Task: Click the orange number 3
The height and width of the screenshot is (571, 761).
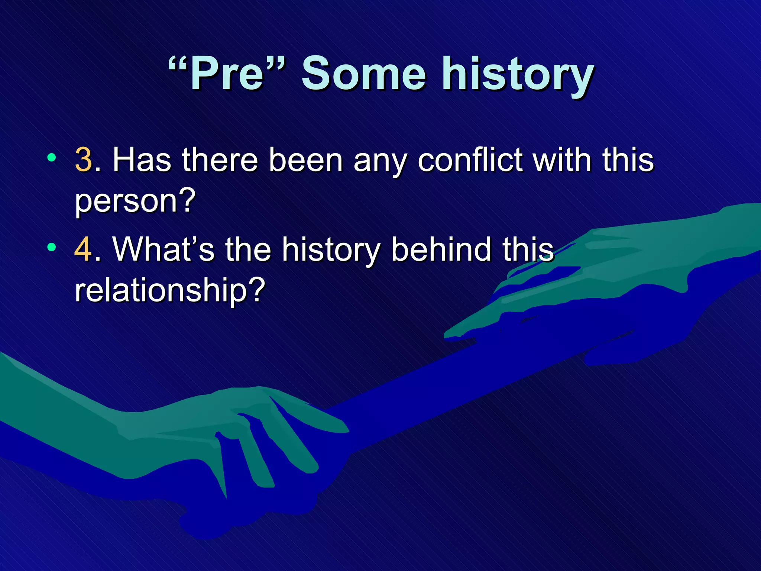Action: point(83,160)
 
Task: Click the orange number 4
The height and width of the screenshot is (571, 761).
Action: point(83,249)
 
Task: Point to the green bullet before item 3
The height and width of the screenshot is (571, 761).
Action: point(52,158)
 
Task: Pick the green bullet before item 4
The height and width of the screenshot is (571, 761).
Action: point(52,247)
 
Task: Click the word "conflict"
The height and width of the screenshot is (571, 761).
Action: point(470,160)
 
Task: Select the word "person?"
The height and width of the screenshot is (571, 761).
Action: point(135,201)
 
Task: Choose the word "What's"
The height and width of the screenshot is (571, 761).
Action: point(163,249)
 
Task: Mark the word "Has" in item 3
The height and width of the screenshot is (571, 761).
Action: point(142,160)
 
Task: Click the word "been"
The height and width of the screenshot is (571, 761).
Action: point(305,160)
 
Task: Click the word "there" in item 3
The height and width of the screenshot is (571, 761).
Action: point(220,160)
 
